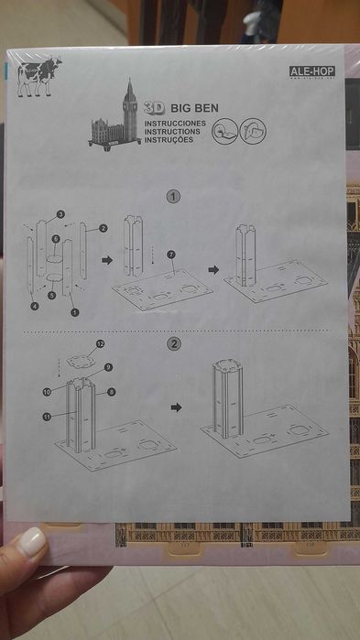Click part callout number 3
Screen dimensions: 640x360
click(60, 214)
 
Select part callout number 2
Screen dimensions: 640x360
click(104, 228)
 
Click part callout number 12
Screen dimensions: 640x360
click(101, 343)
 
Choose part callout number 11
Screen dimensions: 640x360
click(46, 417)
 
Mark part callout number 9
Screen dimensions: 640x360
click(107, 367)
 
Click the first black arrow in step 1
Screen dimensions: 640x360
click(106, 260)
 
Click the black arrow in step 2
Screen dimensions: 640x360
click(177, 407)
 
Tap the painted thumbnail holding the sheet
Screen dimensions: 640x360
click(32, 541)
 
